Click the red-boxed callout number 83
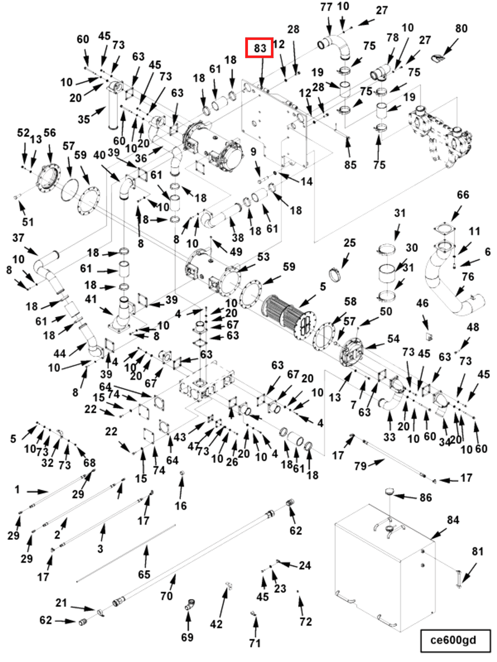[259, 48]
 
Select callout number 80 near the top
[461, 28]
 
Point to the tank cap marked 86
[390, 491]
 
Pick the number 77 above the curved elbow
[326, 7]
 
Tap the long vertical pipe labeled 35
[113, 108]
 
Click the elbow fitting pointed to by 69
[190, 604]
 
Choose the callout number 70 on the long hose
[166, 596]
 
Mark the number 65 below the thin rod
[144, 574]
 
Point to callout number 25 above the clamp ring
[349, 243]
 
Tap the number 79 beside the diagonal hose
[360, 466]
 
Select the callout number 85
[350, 165]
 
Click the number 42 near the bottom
[216, 624]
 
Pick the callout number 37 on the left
[18, 238]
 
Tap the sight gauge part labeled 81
[459, 579]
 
